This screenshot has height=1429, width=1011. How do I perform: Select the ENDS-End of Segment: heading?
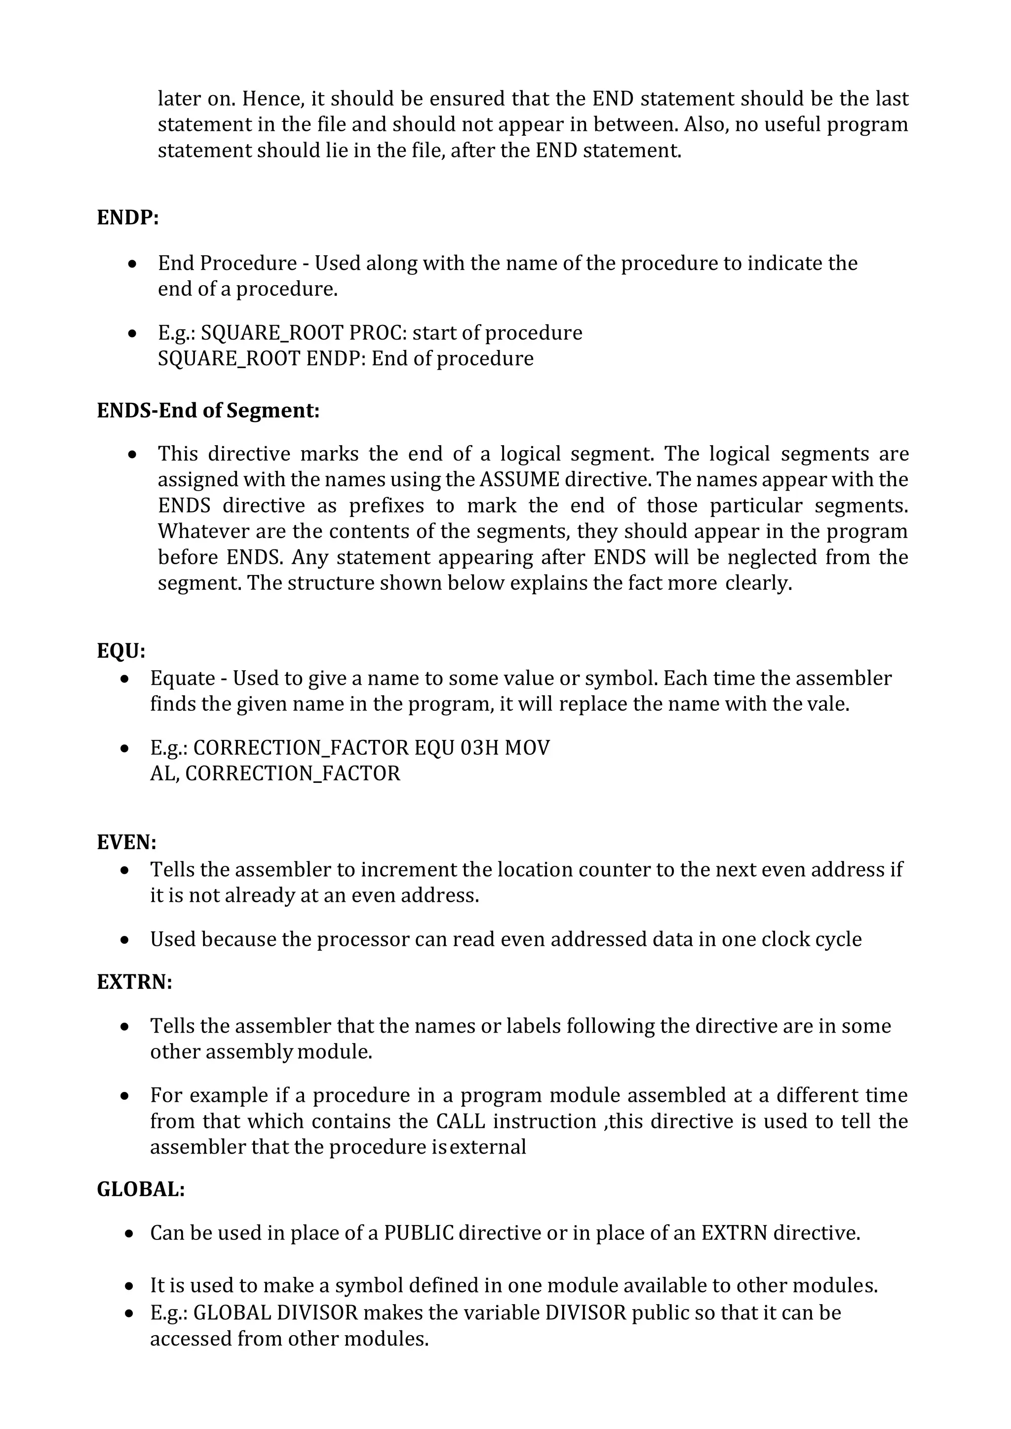(x=208, y=411)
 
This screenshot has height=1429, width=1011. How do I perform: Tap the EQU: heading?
(x=121, y=651)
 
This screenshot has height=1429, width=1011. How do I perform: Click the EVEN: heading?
(x=126, y=842)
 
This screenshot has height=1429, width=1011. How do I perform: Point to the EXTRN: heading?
(x=134, y=981)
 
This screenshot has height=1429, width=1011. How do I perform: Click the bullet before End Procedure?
(x=132, y=265)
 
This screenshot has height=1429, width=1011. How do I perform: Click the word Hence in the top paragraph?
(x=272, y=99)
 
